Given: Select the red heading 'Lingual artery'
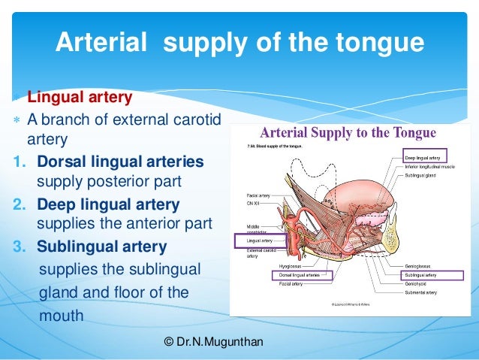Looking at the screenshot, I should tap(80, 98).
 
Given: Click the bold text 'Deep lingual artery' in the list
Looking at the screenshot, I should tap(108, 204).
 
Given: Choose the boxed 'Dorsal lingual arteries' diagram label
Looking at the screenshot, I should tap(279, 276).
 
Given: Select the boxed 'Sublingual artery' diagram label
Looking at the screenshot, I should tap(423, 276).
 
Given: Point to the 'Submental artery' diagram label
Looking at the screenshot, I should tap(422, 294).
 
